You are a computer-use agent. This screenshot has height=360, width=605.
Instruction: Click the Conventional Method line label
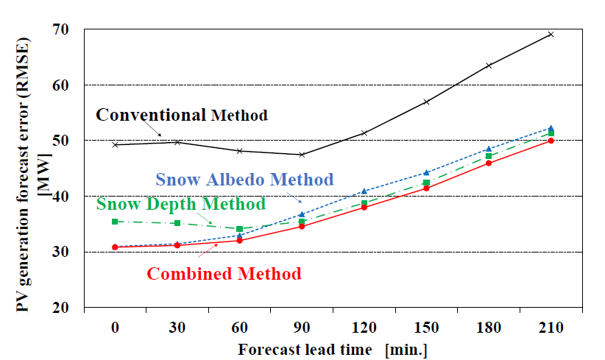(182, 115)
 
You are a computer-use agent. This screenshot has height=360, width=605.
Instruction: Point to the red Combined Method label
(224, 274)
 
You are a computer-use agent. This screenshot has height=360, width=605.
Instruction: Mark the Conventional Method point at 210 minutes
(551, 34)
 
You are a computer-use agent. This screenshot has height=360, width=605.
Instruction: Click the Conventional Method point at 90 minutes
(302, 155)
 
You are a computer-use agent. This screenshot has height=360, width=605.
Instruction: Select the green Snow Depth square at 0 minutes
(116, 222)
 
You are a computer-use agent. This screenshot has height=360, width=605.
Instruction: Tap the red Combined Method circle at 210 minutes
(551, 141)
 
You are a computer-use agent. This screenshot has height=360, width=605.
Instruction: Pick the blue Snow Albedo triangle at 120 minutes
(364, 191)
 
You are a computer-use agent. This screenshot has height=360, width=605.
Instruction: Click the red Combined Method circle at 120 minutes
(364, 208)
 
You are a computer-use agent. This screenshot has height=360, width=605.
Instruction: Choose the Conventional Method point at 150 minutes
(426, 102)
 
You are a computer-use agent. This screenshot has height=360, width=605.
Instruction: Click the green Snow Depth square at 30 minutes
(177, 223)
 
